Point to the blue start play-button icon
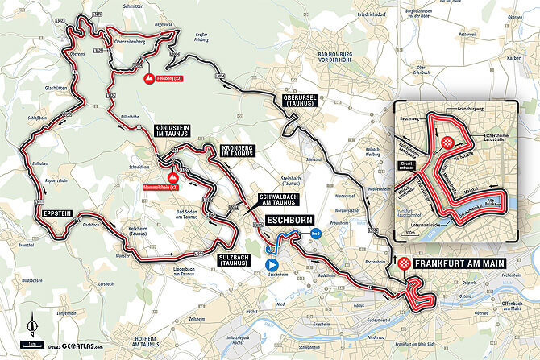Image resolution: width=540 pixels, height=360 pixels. coord(272,263)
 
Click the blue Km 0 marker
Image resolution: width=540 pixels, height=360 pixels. coord(316,234)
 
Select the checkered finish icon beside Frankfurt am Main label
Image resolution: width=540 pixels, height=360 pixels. coord(404,264)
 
